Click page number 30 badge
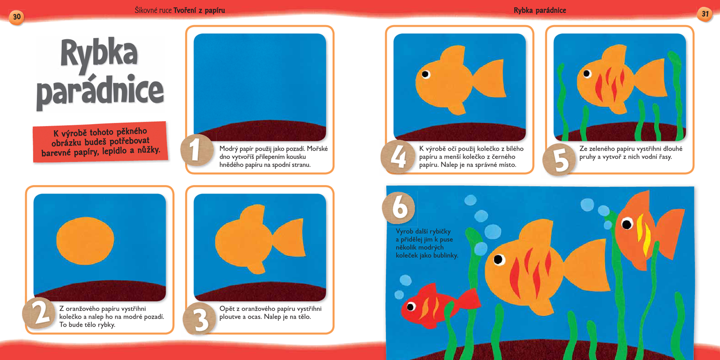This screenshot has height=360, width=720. [x=17, y=17]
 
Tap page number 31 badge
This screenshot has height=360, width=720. [x=705, y=14]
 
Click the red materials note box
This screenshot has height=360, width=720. [x=100, y=142]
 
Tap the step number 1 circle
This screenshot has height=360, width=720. [x=197, y=150]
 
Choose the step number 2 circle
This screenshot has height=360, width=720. [x=39, y=313]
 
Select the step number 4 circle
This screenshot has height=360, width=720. [x=398, y=157]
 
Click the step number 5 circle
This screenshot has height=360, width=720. [x=559, y=159]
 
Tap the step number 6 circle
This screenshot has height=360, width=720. [x=399, y=207]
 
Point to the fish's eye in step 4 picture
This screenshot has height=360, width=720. [x=425, y=74]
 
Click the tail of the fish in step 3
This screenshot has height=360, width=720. [x=289, y=238]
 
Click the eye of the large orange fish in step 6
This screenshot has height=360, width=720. [x=499, y=259]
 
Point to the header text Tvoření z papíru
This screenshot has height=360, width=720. [x=199, y=10]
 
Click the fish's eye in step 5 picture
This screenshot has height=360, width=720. [x=587, y=74]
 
